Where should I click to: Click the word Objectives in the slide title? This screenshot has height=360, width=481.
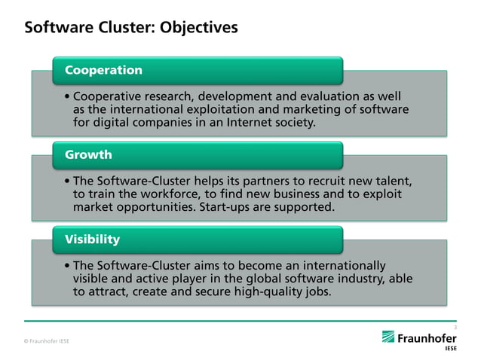(195, 28)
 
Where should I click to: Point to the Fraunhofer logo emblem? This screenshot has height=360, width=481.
(388, 337)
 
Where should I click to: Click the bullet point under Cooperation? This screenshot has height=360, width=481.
(68, 97)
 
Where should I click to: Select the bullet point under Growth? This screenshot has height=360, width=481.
(68, 182)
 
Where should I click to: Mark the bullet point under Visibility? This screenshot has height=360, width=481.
(68, 266)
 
